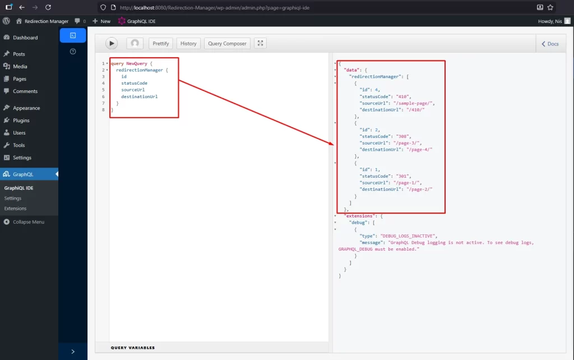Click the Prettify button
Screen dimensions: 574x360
tap(161, 43)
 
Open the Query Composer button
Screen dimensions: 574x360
tap(227, 43)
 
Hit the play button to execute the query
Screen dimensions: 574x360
tap(112, 43)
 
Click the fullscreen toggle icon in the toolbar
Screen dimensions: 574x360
tap(260, 43)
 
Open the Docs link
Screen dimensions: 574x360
tap(550, 44)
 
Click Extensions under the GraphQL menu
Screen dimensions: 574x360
tap(15, 209)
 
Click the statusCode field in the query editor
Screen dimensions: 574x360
tap(135, 83)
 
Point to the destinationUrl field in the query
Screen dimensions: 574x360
tap(140, 96)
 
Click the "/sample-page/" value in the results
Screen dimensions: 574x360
tap(413, 103)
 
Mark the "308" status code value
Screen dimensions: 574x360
tap(402, 136)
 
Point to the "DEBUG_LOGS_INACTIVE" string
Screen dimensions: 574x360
tap(408, 236)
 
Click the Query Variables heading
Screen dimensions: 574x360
tap(133, 348)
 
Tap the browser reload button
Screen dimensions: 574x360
tap(48, 7)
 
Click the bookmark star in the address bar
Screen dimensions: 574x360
tap(550, 7)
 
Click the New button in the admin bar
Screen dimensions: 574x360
tap(101, 21)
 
